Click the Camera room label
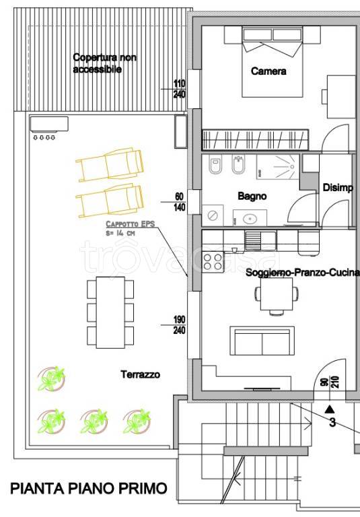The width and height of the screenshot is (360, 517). [268, 71]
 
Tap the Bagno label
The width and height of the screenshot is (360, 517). [252, 196]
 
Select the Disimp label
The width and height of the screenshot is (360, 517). [338, 188]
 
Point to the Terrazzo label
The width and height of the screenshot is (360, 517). [140, 374]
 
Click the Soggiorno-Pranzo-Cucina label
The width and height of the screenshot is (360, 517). [302, 273]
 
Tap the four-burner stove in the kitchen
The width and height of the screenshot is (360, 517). [213, 262]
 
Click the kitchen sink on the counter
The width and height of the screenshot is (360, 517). [260, 240]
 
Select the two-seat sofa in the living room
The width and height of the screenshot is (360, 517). [262, 341]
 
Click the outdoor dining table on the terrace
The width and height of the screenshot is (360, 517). [110, 312]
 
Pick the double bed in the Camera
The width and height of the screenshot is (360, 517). [273, 62]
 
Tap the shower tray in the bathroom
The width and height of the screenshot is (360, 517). [278, 167]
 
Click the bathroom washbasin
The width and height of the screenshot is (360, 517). [250, 218]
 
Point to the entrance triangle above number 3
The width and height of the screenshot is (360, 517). [329, 409]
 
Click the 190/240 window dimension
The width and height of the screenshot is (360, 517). [180, 324]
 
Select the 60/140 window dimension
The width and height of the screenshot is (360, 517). [180, 202]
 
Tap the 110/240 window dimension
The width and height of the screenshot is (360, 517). [180, 89]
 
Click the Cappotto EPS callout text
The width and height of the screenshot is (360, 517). [131, 228]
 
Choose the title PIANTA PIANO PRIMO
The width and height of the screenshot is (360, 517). [89, 488]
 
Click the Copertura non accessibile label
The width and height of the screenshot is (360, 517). [104, 63]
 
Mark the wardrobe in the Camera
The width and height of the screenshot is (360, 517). [255, 140]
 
